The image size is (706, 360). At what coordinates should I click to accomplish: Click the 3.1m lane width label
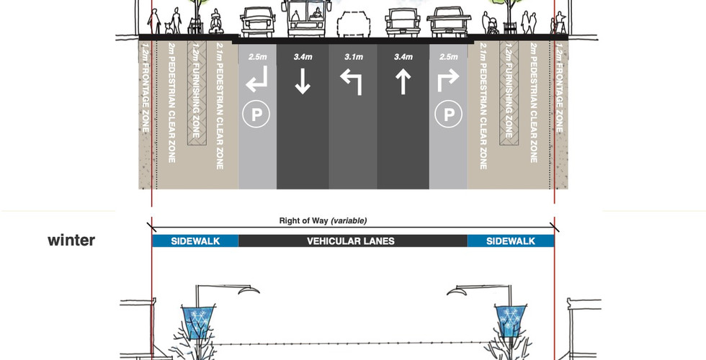pyautogui.click(x=353, y=56)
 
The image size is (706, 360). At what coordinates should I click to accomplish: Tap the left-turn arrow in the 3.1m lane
pyautogui.click(x=352, y=84)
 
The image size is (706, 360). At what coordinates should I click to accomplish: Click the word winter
pyautogui.click(x=71, y=240)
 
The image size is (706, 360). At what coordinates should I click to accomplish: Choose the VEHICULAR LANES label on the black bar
pyautogui.click(x=351, y=241)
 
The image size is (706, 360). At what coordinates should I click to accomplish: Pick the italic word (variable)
pyautogui.click(x=349, y=221)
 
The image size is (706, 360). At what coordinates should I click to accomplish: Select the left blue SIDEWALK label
pyautogui.click(x=195, y=241)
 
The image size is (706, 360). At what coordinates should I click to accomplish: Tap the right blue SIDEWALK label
pyautogui.click(x=511, y=241)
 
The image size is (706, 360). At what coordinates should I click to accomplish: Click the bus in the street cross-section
pyautogui.click(x=305, y=19)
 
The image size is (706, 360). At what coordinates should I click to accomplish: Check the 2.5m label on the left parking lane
pyautogui.click(x=257, y=56)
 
